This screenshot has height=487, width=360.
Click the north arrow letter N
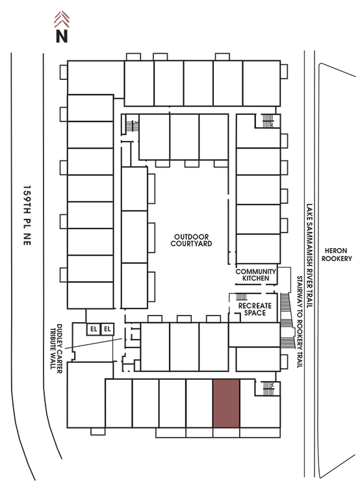(x=62, y=36)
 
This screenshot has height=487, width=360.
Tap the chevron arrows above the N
(x=62, y=19)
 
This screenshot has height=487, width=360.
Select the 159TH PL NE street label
(x=27, y=216)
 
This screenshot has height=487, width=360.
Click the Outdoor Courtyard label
(x=191, y=240)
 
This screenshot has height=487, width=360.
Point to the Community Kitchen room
(x=256, y=275)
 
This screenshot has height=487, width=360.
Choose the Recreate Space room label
(x=255, y=309)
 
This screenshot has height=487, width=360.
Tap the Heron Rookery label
(x=337, y=255)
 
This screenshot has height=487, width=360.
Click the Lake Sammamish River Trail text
(x=309, y=256)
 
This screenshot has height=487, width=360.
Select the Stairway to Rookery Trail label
(x=300, y=322)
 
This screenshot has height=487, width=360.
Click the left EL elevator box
(x=94, y=329)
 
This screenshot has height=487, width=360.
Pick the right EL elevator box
(x=108, y=329)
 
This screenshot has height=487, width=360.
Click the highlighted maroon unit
(x=226, y=403)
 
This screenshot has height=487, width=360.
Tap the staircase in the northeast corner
(x=267, y=121)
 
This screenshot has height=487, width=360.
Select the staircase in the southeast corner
(x=268, y=388)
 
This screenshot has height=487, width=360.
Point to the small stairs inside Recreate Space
(x=242, y=297)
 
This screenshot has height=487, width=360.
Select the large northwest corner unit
(x=96, y=78)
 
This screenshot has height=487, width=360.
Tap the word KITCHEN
(x=255, y=279)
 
